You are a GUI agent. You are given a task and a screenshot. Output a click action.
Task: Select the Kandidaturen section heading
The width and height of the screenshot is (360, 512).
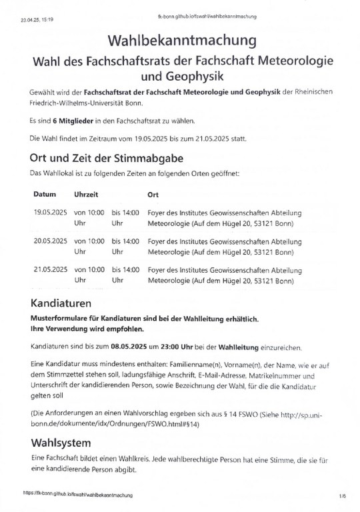coord(65,303)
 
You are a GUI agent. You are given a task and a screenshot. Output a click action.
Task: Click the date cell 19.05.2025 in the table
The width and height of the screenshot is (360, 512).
coord(50,212)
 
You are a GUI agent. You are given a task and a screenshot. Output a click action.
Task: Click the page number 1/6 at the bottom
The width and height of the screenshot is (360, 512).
coord(342,496)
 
